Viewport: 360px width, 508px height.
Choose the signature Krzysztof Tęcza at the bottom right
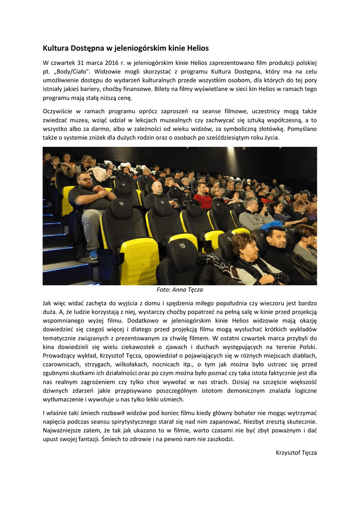click(x=296, y=452)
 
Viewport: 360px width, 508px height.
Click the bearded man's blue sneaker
click(x=93, y=254)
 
